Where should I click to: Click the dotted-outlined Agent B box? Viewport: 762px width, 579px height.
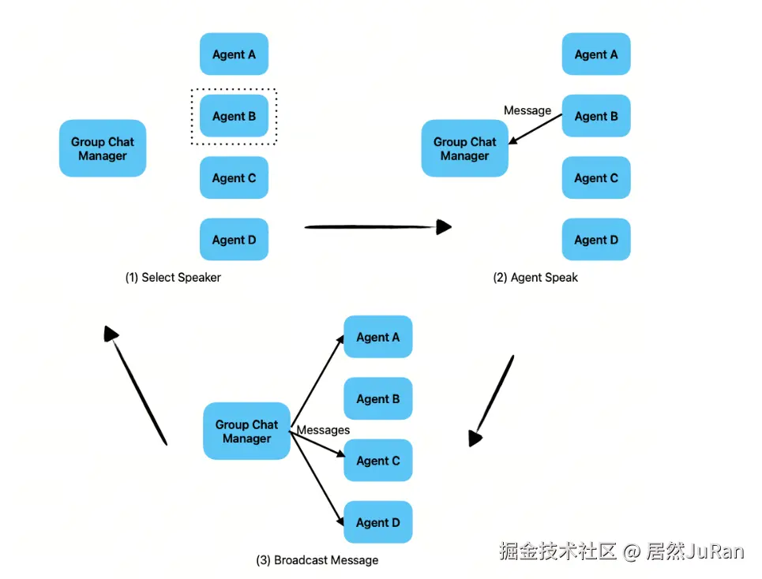234,117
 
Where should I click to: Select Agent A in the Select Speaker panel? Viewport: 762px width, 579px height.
234,54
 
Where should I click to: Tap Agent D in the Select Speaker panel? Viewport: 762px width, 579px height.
234,240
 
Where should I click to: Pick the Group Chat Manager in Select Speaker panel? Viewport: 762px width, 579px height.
103,148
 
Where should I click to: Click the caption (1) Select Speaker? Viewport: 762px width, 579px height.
173,278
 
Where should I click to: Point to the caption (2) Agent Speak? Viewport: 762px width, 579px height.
535,278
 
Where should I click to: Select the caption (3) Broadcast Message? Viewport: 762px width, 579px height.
317,560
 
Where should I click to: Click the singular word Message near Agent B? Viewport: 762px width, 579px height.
527,110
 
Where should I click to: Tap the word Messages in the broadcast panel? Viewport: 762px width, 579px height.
323,430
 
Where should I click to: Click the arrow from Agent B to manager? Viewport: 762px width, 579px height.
535,129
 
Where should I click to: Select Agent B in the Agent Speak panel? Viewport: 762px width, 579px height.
596,117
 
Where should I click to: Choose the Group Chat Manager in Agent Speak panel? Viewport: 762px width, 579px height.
464,148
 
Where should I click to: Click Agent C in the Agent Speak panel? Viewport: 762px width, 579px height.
596,178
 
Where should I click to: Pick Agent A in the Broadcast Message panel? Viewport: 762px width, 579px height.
377,337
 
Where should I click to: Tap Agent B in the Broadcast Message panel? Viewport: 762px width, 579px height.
377,399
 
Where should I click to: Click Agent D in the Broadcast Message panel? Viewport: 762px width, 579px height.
377,522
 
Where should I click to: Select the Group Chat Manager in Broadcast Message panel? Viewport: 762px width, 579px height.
246,431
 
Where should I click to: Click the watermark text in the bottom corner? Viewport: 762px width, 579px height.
621,551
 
